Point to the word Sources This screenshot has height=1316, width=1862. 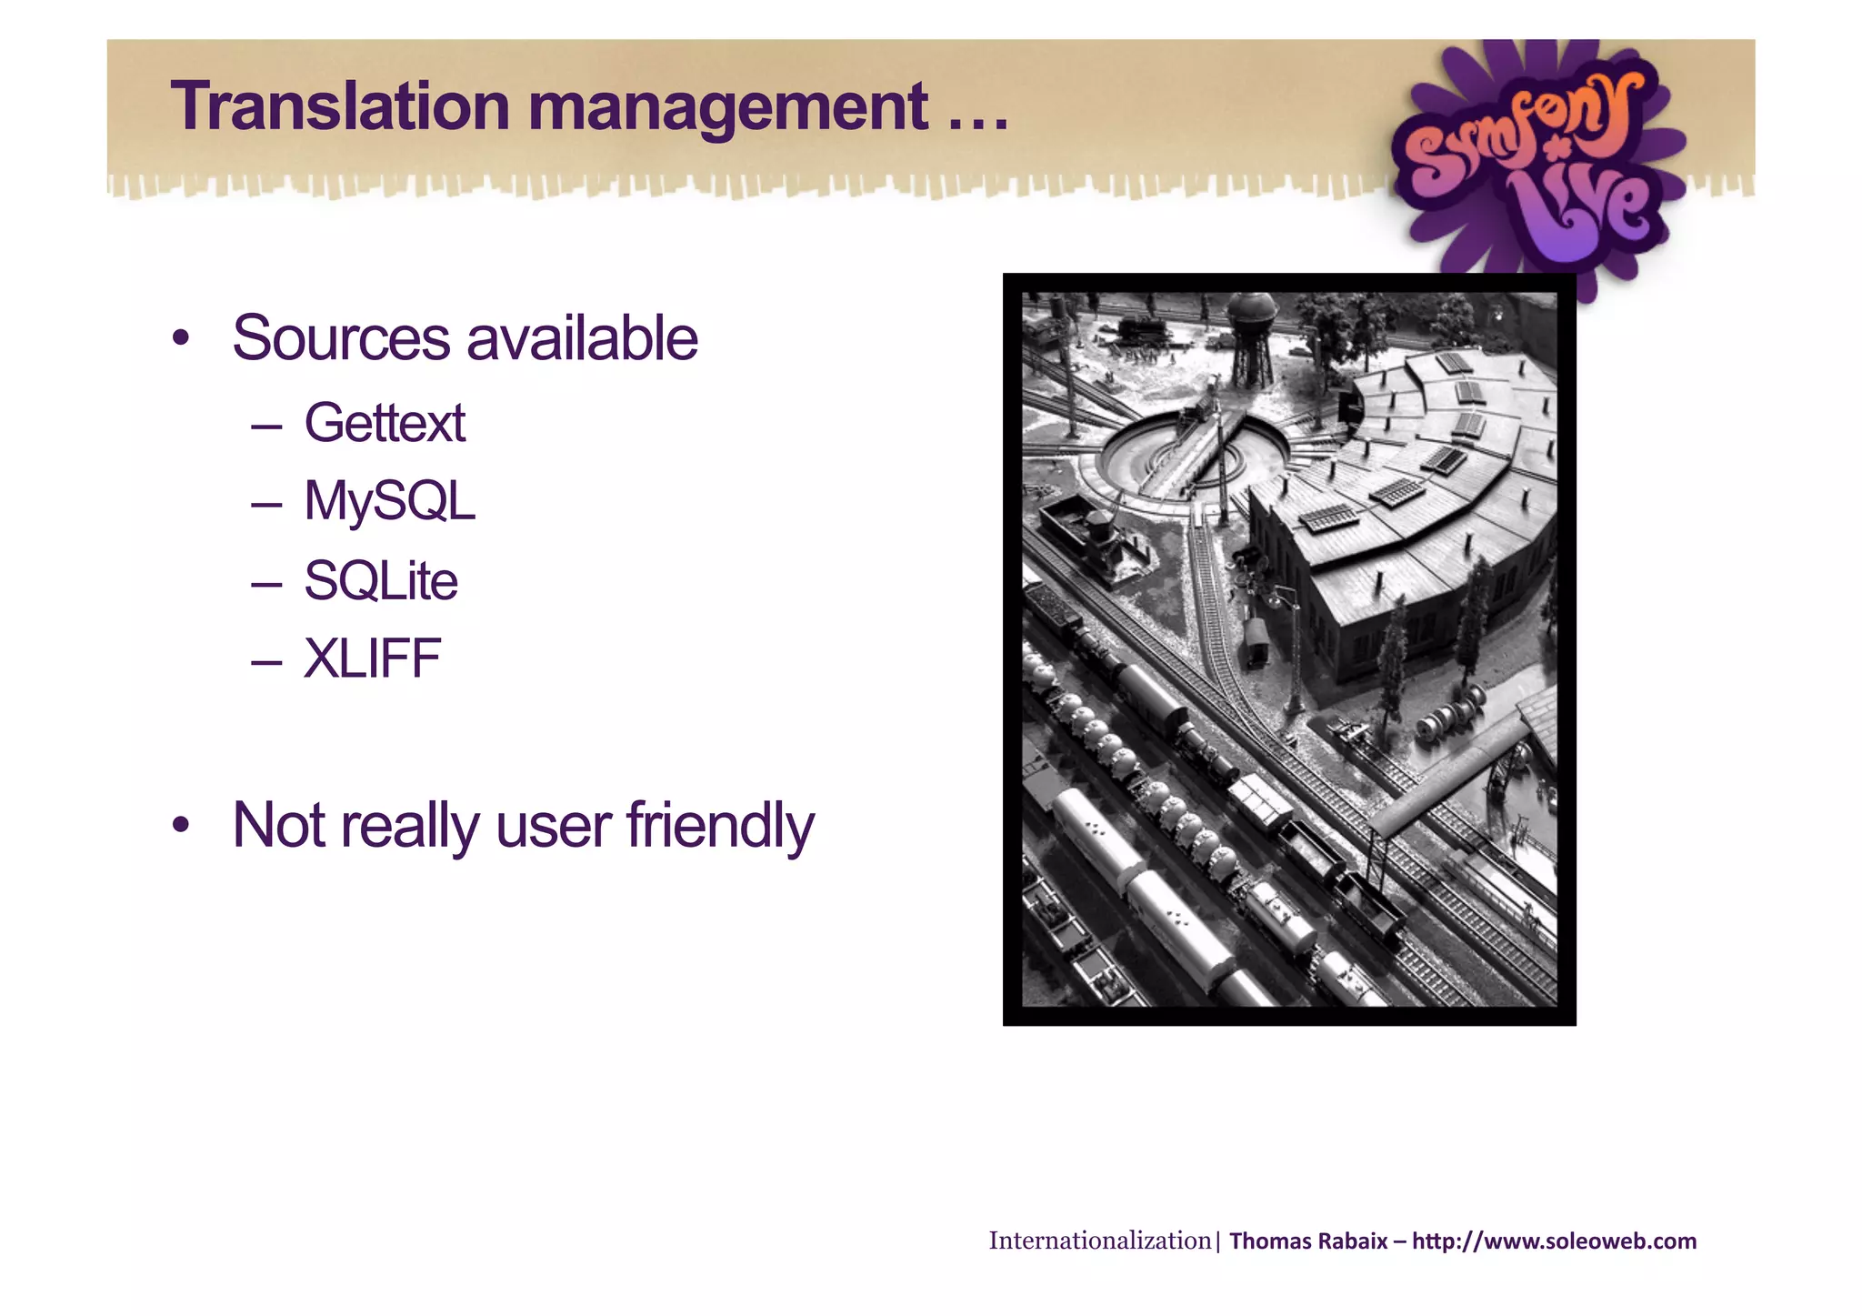pos(340,338)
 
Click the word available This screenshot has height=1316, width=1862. pos(582,338)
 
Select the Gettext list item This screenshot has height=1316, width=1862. pos(385,423)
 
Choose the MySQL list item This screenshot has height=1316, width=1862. pos(389,501)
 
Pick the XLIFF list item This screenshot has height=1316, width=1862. pos(372,658)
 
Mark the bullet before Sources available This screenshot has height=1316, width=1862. pos(181,339)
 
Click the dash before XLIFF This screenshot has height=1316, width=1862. pos(266,660)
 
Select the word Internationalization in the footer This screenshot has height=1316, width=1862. pos(1099,1241)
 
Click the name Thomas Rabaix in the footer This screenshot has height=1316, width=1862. pos(1308,1241)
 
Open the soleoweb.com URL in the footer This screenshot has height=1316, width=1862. pos(1554,1241)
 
